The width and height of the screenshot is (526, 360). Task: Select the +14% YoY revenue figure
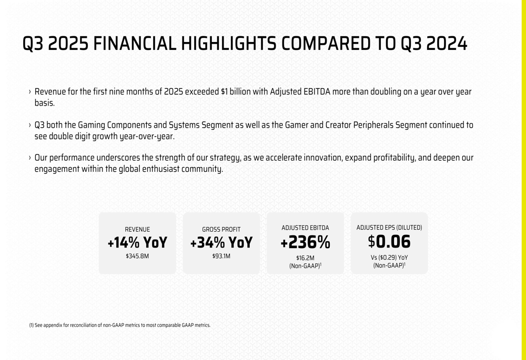click(x=137, y=243)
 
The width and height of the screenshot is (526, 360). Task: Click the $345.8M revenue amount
click(x=137, y=256)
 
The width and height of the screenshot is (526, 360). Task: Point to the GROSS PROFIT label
click(x=221, y=230)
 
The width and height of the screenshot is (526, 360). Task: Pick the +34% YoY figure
click(x=221, y=243)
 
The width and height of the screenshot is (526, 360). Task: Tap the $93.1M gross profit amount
click(x=221, y=256)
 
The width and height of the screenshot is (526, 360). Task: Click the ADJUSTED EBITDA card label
click(x=305, y=228)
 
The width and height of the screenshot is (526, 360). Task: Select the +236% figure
click(x=305, y=242)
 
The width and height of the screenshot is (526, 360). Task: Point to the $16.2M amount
click(x=305, y=258)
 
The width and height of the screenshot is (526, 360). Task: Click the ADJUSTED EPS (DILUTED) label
click(x=389, y=228)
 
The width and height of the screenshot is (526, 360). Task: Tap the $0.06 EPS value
click(x=389, y=242)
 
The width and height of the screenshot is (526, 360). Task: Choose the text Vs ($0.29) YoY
click(x=389, y=258)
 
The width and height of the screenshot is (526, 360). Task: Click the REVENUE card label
click(x=137, y=230)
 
